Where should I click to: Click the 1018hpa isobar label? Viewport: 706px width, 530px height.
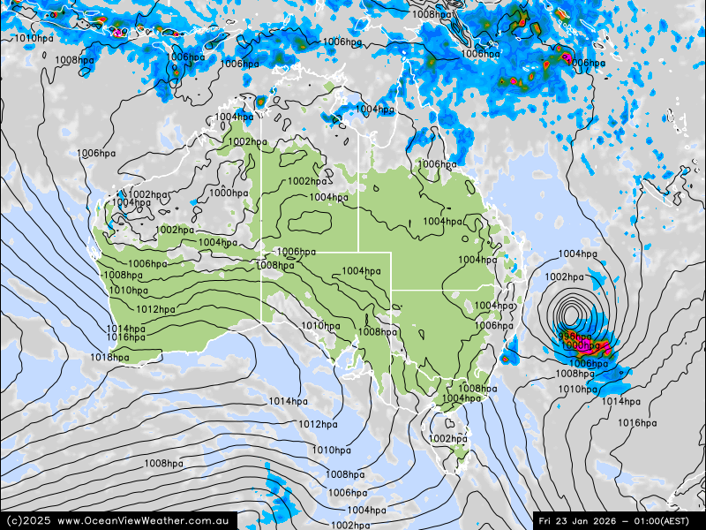click(109, 358)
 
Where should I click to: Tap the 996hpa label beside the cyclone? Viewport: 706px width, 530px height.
click(574, 337)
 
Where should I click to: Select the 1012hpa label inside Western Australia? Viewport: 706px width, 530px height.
click(155, 310)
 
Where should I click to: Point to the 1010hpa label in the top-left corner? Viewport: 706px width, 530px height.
click(34, 38)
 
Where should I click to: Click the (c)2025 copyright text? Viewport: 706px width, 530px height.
click(28, 520)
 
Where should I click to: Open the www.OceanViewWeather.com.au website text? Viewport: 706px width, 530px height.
click(144, 520)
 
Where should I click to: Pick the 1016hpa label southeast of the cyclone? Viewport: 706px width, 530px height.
click(637, 423)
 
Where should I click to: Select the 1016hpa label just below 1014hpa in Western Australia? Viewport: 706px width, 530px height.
click(127, 337)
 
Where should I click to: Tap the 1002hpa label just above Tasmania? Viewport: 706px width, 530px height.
click(447, 439)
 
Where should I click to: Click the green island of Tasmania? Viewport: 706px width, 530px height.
click(457, 454)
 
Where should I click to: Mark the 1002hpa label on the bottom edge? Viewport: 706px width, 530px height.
click(349, 526)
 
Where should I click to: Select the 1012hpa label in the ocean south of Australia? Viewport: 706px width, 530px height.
click(317, 425)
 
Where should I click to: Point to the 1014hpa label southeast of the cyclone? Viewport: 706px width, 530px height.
click(620, 402)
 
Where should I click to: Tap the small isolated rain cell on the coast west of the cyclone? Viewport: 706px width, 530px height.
click(506, 359)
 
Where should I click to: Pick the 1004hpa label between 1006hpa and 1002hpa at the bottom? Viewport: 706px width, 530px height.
click(365, 510)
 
